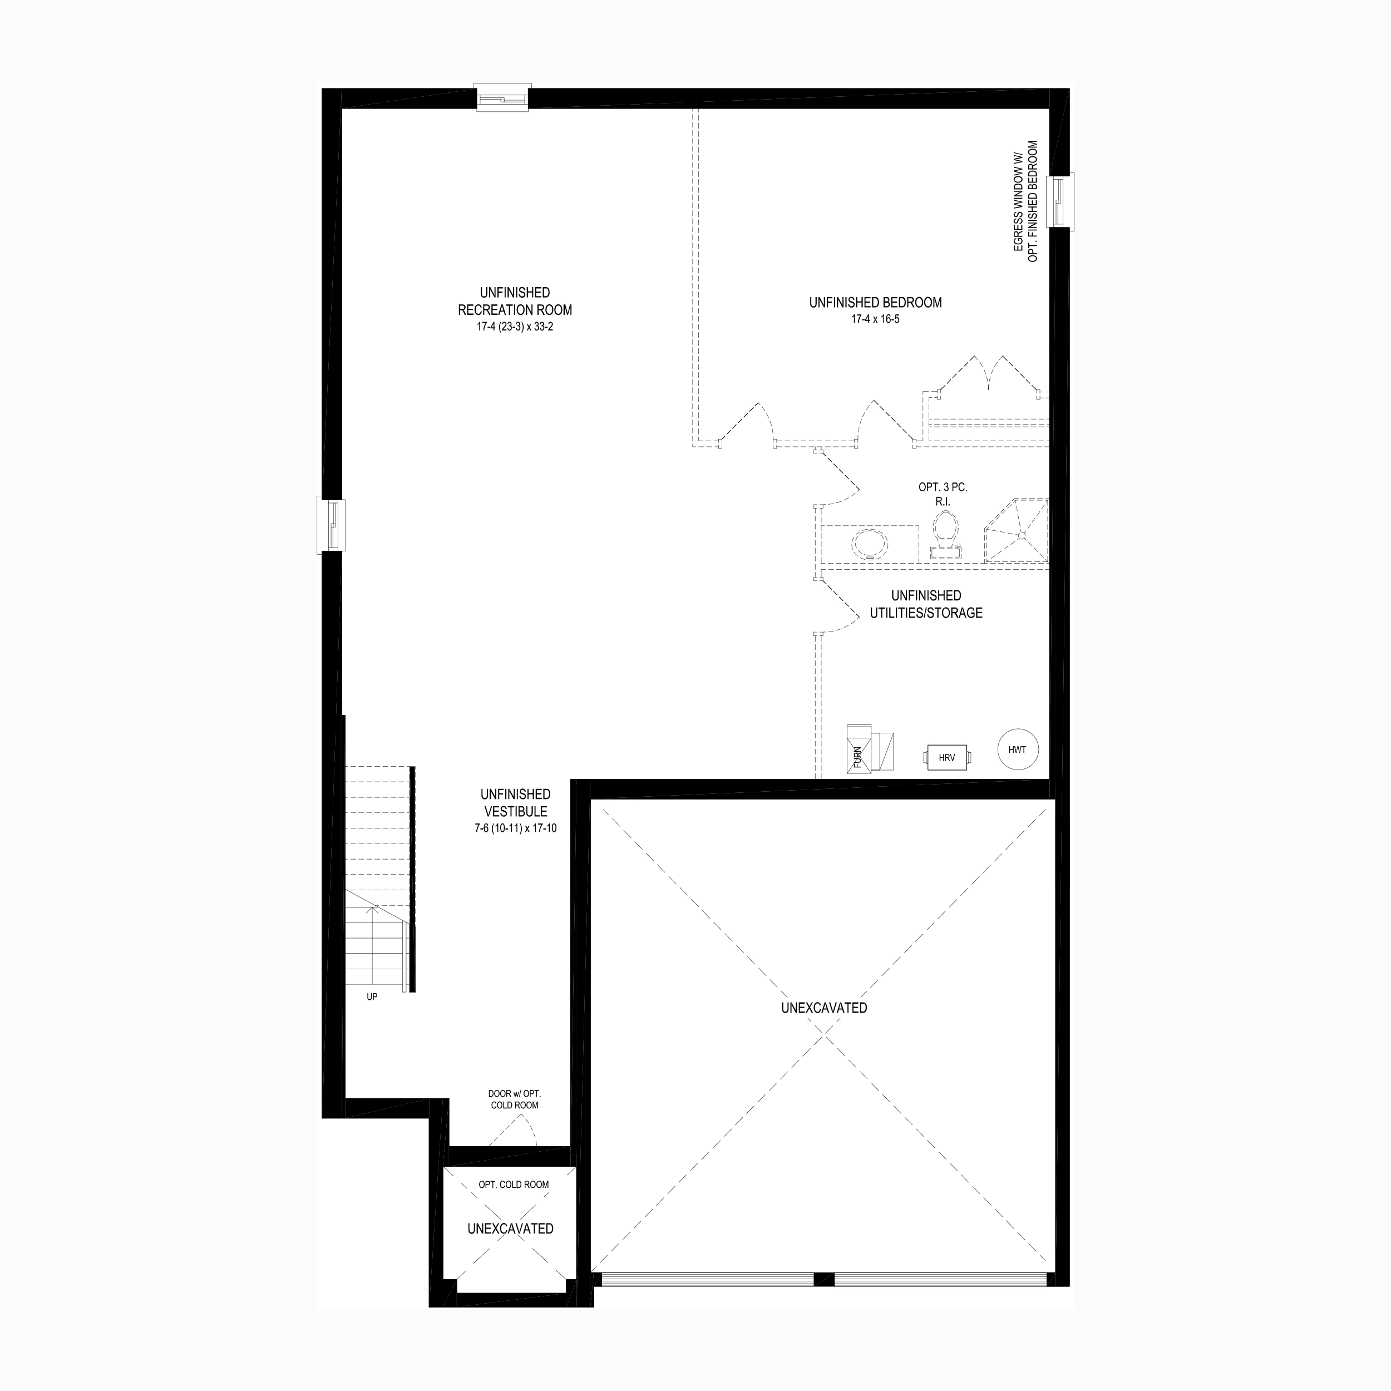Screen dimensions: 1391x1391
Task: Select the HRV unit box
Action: pyautogui.click(x=947, y=757)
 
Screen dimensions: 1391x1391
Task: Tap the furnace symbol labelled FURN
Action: pyautogui.click(x=870, y=749)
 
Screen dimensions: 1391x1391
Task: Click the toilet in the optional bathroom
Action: pyautogui.click(x=945, y=535)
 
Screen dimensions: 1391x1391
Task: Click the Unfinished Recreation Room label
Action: pyautogui.click(x=515, y=302)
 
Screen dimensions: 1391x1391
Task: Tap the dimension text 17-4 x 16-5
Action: pyautogui.click(x=875, y=319)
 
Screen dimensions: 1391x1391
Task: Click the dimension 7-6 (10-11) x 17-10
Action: pyautogui.click(x=516, y=828)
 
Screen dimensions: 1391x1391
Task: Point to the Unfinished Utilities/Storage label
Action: pyautogui.click(x=926, y=605)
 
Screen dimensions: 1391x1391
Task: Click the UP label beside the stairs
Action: pyautogui.click(x=372, y=997)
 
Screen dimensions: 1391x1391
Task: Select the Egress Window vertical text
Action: pyautogui.click(x=1026, y=201)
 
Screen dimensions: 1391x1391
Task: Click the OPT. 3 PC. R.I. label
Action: pyautogui.click(x=943, y=494)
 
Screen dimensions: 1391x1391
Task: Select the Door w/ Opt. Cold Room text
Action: pyautogui.click(x=514, y=1099)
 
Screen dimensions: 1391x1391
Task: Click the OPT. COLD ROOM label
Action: pyautogui.click(x=514, y=1185)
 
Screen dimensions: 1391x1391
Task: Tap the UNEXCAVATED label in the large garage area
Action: pyautogui.click(x=825, y=1008)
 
